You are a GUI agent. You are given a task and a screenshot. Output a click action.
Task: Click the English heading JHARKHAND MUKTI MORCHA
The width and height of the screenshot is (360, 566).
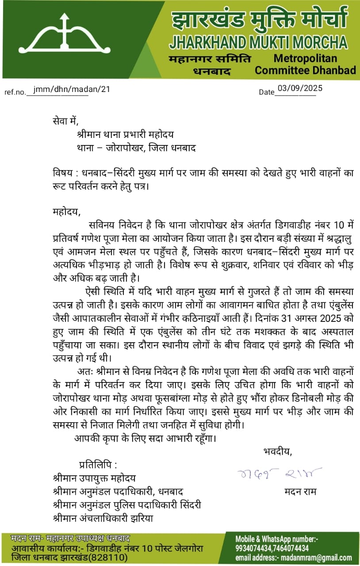click(x=258, y=42)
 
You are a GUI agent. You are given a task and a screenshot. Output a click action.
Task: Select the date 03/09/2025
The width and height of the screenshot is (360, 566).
click(x=300, y=88)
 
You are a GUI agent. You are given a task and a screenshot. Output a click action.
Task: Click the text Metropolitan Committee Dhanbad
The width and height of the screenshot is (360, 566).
click(x=305, y=65)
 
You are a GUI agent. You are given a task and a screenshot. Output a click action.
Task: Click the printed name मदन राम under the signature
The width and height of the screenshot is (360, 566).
click(x=301, y=492)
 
